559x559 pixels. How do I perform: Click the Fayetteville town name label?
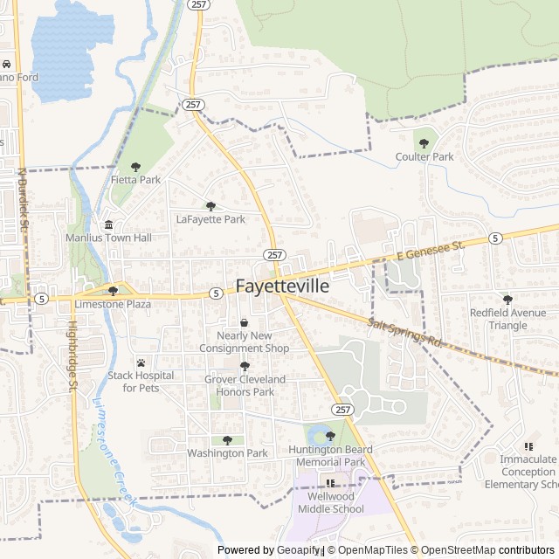[x=282, y=286]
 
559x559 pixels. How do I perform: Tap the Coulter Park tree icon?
[x=425, y=142]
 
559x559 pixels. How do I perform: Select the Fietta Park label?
[x=136, y=179]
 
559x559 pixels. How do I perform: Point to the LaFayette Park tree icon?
[x=210, y=206]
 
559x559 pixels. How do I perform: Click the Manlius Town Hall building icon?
[x=108, y=224]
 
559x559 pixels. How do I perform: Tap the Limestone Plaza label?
[x=113, y=304]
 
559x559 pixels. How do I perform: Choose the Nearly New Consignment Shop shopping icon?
[x=244, y=323]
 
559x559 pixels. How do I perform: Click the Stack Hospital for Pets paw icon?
[x=140, y=362]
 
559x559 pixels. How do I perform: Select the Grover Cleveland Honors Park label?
[x=245, y=385]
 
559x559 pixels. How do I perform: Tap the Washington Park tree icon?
[x=227, y=440]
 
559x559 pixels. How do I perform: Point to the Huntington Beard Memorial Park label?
[x=329, y=455]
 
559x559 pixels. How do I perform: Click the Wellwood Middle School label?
[x=330, y=503]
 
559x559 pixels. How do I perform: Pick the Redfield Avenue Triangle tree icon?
[x=507, y=300]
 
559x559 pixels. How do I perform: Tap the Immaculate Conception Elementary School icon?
[x=528, y=445]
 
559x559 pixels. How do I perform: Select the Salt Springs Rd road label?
[x=406, y=333]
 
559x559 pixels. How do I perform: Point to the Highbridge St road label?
[x=72, y=352]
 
